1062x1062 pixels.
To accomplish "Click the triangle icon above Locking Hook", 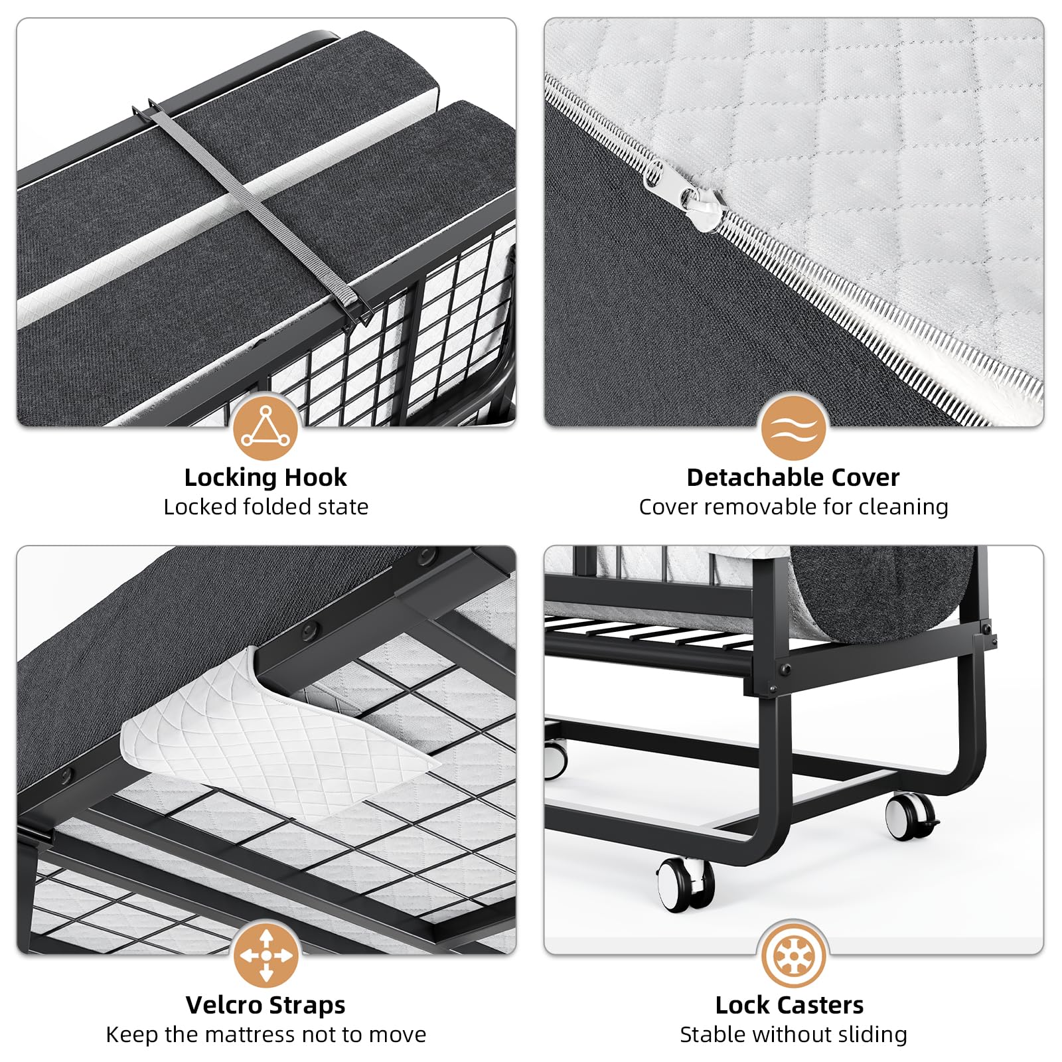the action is pyautogui.click(x=265, y=427).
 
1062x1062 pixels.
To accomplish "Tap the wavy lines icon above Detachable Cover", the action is pyautogui.click(x=793, y=427).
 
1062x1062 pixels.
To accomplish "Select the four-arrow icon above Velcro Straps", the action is pyautogui.click(x=265, y=955).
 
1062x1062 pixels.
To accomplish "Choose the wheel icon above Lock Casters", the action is pyautogui.click(x=793, y=955).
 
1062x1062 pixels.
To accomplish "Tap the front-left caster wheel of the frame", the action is pyautogui.click(x=686, y=885).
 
